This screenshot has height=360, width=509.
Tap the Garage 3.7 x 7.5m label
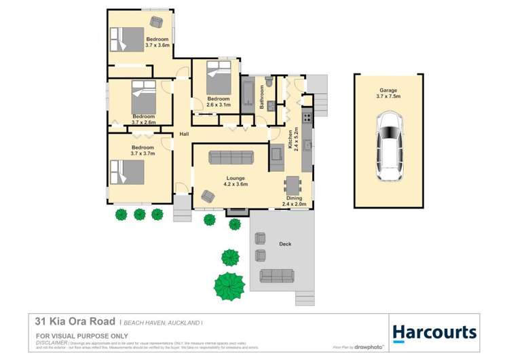point(388,94)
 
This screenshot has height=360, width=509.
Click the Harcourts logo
point(434,331)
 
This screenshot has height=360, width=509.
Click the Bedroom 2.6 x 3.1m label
point(219,103)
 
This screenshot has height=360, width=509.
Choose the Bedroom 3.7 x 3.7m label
point(143,151)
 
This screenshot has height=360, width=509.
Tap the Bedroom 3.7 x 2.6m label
point(143,120)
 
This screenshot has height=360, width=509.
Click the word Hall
point(184,134)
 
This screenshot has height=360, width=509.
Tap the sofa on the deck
point(277,275)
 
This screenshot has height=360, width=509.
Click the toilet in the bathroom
point(269,84)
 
